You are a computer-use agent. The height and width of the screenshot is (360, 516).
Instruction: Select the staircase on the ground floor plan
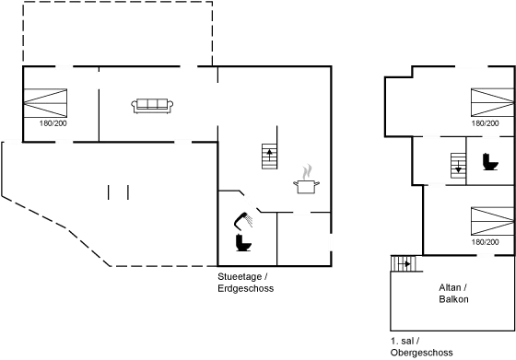(x=269, y=156)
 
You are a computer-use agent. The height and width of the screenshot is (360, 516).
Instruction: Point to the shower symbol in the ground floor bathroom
(x=243, y=220)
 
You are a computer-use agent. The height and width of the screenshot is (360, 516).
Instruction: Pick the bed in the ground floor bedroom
(x=48, y=98)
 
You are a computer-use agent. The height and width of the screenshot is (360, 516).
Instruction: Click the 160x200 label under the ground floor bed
(x=48, y=121)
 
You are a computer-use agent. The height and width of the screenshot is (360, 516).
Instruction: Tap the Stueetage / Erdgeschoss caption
(x=245, y=282)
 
